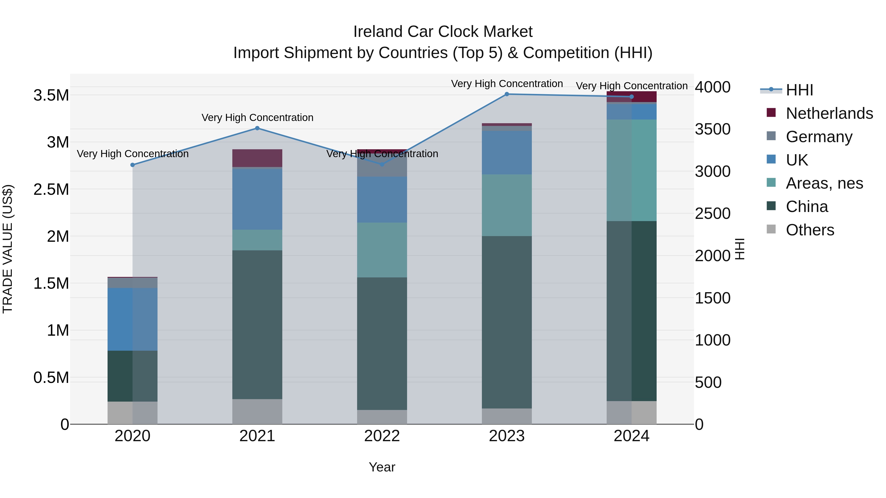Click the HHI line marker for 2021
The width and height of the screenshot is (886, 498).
(x=257, y=128)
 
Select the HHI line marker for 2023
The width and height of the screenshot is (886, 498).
(x=507, y=94)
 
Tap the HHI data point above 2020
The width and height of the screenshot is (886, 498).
(x=132, y=165)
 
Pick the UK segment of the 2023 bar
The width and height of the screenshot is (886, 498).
(x=507, y=152)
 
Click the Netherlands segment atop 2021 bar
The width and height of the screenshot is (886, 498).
(x=257, y=158)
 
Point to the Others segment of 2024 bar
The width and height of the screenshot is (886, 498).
(x=632, y=412)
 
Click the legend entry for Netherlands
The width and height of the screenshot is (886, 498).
(x=829, y=113)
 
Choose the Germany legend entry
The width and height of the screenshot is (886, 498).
(x=819, y=137)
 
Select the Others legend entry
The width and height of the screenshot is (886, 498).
(x=810, y=230)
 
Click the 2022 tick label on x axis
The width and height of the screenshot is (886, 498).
(x=382, y=436)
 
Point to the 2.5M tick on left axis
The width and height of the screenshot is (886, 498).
(x=51, y=189)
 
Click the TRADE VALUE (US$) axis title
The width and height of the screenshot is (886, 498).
(x=8, y=249)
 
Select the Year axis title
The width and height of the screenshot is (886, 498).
(x=382, y=467)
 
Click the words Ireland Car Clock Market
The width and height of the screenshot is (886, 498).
(x=443, y=32)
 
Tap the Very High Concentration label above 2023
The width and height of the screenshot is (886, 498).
(x=507, y=84)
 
